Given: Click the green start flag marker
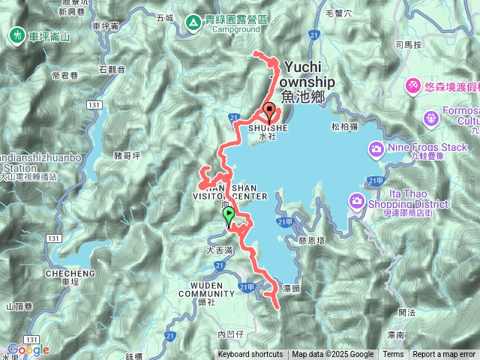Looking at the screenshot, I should click(229, 216).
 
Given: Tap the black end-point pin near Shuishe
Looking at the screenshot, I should click(268, 112).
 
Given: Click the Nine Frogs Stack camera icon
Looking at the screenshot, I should click(376, 148).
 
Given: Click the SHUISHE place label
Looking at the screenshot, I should click(262, 128).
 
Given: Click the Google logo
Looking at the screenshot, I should click(28, 349).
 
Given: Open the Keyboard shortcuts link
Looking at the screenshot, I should click(250, 355).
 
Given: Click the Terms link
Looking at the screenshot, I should click(393, 355).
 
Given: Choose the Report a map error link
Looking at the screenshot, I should click(445, 355).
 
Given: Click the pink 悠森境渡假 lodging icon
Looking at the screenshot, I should click(412, 87).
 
